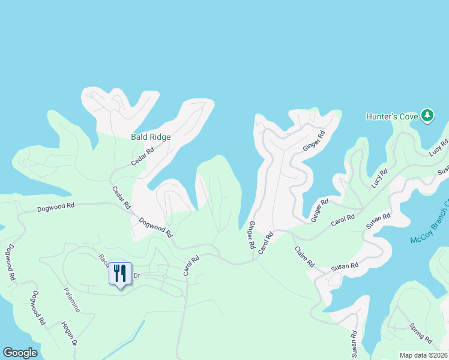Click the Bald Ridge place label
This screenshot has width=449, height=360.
pos(151,137)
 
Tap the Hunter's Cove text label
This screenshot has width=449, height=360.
pos(392,116)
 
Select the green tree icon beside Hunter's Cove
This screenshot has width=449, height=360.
pos(427,115)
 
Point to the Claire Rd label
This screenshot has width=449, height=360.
pos(304,256)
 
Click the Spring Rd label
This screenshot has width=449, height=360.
pos(420,333)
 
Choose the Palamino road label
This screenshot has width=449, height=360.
pos(71,299)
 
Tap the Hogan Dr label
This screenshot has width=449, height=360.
pos(69,334)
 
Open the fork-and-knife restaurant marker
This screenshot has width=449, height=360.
pos(120,274)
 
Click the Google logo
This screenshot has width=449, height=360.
pos(20,353)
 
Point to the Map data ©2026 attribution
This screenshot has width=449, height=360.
pos(423,355)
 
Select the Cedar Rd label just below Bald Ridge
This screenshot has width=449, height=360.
pos(143,157)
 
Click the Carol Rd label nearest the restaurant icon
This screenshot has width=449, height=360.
pos(191,266)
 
